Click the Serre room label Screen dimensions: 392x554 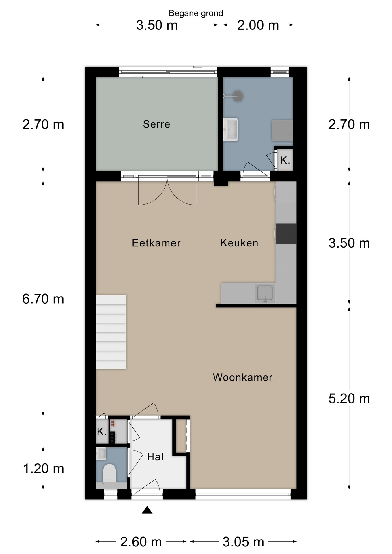pyautogui.click(x=156, y=124)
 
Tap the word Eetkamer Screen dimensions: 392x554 pyautogui.click(x=156, y=243)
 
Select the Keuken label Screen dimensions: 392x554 pyautogui.click(x=239, y=243)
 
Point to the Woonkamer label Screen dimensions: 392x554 pyautogui.click(x=242, y=377)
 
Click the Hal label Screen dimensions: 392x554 pyautogui.click(x=155, y=457)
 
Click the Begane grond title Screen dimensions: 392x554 pyautogui.click(x=196, y=13)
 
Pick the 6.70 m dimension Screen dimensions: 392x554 pyautogui.click(x=43, y=299)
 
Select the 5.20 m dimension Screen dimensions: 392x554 pyautogui.click(x=349, y=398)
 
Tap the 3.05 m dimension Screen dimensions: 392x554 pyautogui.click(x=243, y=542)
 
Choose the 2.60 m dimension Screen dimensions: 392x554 pyautogui.click(x=141, y=542)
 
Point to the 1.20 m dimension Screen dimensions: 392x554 pyautogui.click(x=43, y=468)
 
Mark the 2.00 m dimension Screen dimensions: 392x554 pyautogui.click(x=258, y=25)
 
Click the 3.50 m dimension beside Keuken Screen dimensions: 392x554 pyautogui.click(x=349, y=243)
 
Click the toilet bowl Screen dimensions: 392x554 pyautogui.click(x=109, y=473)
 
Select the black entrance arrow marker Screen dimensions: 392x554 pyautogui.click(x=147, y=510)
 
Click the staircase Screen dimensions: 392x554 pyautogui.click(x=111, y=332)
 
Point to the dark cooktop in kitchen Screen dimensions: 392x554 pyautogui.click(x=286, y=234)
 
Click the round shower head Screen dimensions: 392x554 pyautogui.click(x=238, y=96)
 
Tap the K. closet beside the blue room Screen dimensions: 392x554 pyautogui.click(x=285, y=160)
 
